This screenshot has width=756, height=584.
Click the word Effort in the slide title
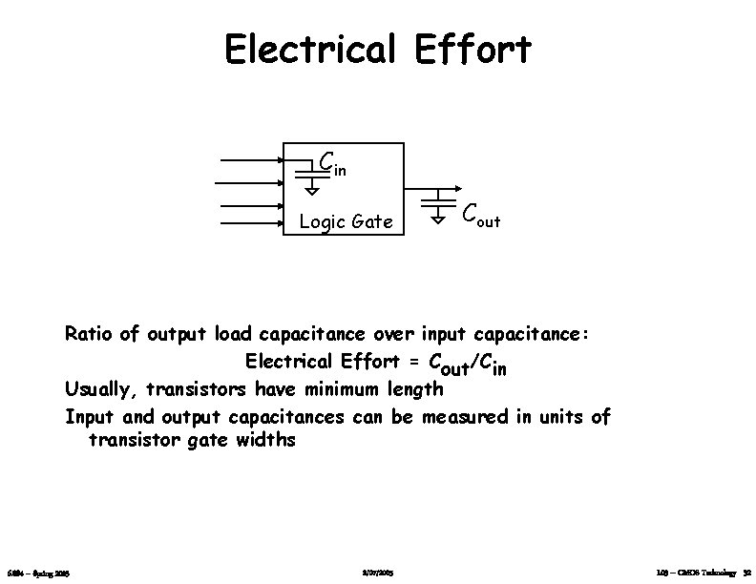tap(472, 50)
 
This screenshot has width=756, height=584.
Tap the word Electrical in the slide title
tap(309, 50)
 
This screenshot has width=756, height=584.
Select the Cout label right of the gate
tap(480, 219)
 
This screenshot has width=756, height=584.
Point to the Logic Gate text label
tap(346, 222)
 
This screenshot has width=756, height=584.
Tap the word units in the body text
tap(554, 416)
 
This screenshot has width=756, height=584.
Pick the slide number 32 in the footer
tap(747, 572)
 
